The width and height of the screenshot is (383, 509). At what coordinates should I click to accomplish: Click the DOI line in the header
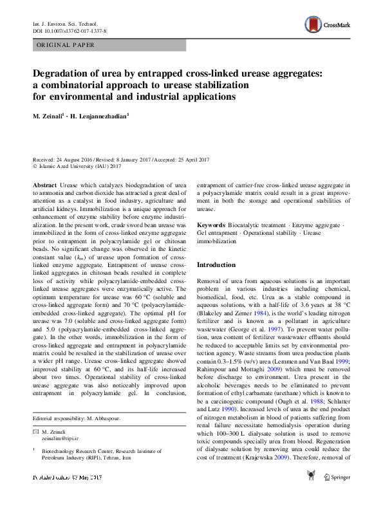coord(70,31)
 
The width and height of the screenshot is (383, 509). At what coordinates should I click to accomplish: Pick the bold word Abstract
coord(44,185)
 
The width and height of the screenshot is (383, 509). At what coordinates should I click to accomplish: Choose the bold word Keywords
coord(210,225)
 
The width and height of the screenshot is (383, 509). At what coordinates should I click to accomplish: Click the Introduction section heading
coord(216,264)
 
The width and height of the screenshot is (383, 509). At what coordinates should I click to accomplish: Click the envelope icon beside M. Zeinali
coord(35,430)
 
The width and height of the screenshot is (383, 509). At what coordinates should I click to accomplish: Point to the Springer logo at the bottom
coord(337,495)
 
